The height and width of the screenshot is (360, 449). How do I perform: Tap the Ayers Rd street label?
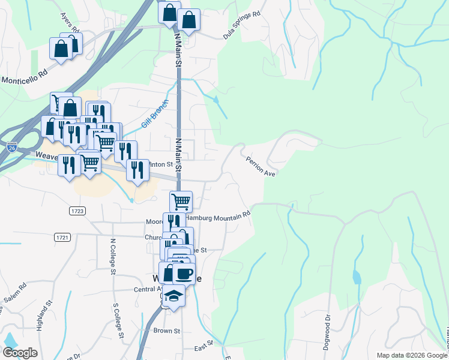(x=69, y=22)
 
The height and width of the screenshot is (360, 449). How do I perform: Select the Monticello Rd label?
(x=24, y=79)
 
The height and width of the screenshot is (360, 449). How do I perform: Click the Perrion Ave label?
(x=261, y=166)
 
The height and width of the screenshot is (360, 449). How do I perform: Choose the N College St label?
(x=112, y=256)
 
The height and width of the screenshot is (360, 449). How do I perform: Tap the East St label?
(x=204, y=349)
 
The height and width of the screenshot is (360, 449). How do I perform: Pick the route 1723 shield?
(x=77, y=211)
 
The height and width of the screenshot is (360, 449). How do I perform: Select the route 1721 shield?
(x=62, y=238)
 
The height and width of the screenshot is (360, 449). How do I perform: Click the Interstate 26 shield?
(x=12, y=146)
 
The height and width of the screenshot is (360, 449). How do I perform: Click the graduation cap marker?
(x=174, y=295)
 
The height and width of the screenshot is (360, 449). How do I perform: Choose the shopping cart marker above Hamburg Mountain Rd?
(x=181, y=201)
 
